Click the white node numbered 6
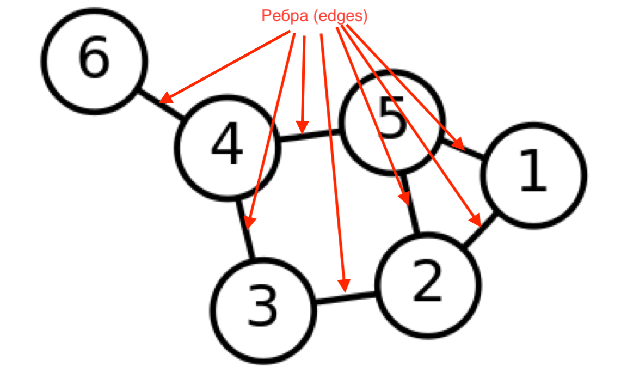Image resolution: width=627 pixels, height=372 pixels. pos(95,61)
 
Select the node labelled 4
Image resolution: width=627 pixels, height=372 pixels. pos(228,148)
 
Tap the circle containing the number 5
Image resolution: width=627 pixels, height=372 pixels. pos(391,123)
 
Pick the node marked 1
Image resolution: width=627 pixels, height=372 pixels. pos(533,175)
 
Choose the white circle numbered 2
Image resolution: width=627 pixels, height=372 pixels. pos(428,285)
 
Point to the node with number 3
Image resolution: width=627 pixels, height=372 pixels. pos(263,310)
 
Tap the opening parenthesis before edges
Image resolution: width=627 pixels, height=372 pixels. pos(316,17)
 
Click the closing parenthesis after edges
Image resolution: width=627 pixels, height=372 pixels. pos(365,17)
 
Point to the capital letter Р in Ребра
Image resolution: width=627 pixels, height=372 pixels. pos(266,16)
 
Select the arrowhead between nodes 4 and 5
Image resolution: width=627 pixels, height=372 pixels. pos(303,128)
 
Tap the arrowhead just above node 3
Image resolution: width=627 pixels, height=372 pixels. pos(249,223)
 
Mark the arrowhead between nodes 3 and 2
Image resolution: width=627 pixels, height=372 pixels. pos(344,285)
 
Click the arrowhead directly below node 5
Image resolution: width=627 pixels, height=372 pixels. pos(403,199)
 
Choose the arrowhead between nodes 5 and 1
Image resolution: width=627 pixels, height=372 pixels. pos(459,144)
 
